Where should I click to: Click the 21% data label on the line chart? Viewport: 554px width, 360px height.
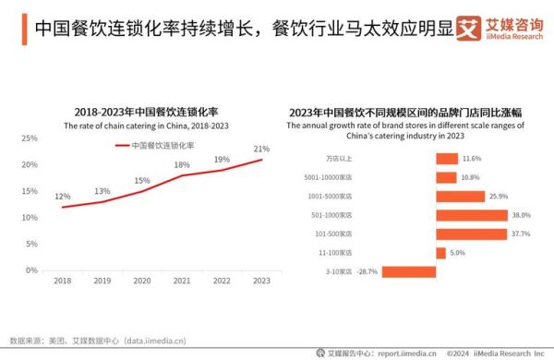(x=261, y=149)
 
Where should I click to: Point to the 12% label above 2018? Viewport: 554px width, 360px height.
(x=62, y=197)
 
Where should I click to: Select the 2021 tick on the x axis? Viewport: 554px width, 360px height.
(x=182, y=281)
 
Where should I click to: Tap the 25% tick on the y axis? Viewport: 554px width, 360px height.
(x=30, y=138)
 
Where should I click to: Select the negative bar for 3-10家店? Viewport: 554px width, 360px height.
(x=409, y=271)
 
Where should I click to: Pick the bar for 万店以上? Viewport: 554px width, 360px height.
(x=447, y=159)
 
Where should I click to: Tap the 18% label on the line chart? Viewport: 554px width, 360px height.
(x=182, y=165)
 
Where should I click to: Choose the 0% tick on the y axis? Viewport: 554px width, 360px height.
(x=31, y=270)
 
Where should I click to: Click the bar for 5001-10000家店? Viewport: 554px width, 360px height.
(x=446, y=177)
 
